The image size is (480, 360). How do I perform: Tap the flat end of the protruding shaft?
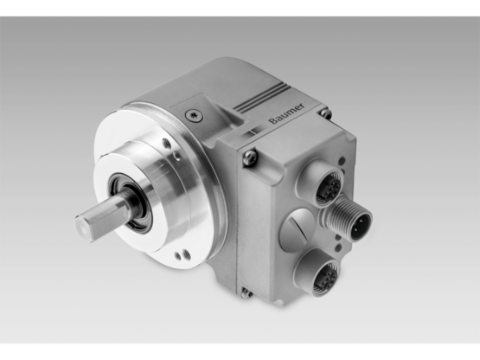pos(89,228)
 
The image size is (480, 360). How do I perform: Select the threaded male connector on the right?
pos(352,221)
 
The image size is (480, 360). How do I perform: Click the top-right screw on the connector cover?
pos(324,112)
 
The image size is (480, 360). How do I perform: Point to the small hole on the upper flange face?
pos(176,157)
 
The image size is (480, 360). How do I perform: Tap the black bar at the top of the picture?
pos(240,7)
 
